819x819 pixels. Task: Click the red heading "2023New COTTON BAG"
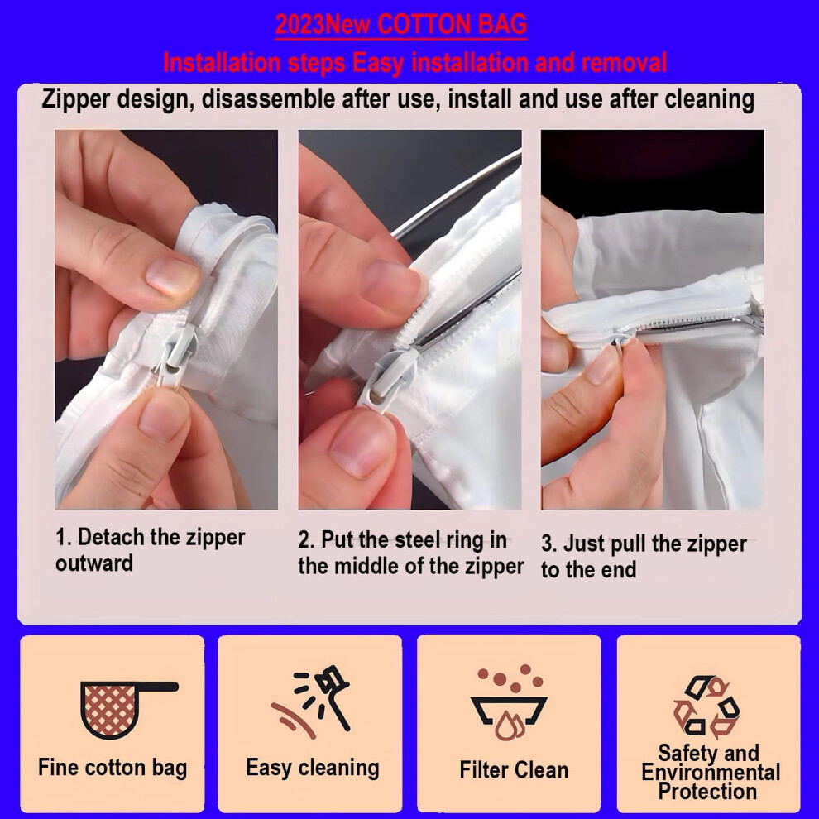tap(401, 25)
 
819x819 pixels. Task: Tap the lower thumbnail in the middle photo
tap(362, 443)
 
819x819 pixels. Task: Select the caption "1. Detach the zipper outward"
tap(150, 550)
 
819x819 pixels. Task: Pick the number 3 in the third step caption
tap(547, 544)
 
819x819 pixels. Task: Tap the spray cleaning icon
tap(311, 702)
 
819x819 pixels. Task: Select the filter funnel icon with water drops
tap(510, 702)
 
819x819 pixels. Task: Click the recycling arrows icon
tap(706, 706)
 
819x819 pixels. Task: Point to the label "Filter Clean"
tap(514, 770)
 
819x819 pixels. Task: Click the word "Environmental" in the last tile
tap(711, 773)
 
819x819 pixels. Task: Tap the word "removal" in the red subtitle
tap(624, 63)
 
